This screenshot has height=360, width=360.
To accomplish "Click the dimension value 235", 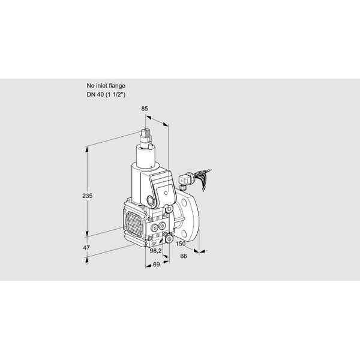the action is point(88,196).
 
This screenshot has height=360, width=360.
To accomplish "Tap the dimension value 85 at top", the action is point(145,109).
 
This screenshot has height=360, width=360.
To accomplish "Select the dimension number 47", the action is point(86,247).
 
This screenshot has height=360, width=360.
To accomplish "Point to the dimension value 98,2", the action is point(155,251).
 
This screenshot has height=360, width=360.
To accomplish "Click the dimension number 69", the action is point(157,265).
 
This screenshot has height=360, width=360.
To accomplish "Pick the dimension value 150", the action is point(181,244).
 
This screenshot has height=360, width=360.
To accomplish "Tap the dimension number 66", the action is point(184,256).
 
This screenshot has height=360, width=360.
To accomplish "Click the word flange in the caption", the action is point(117,86).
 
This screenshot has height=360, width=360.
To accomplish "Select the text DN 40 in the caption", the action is point(95,94).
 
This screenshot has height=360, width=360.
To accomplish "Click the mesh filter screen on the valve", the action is point(134,223).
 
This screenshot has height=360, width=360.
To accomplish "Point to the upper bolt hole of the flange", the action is point(184,202).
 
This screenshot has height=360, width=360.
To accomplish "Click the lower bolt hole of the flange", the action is point(184,234).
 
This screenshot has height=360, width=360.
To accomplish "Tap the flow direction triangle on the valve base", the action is point(155,244).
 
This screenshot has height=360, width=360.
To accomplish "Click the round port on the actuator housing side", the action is point(151,200).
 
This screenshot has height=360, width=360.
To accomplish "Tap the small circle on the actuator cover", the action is point(166,193).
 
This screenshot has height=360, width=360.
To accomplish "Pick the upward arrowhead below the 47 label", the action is point(87,260).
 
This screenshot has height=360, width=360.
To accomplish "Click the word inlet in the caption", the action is point(101,86).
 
